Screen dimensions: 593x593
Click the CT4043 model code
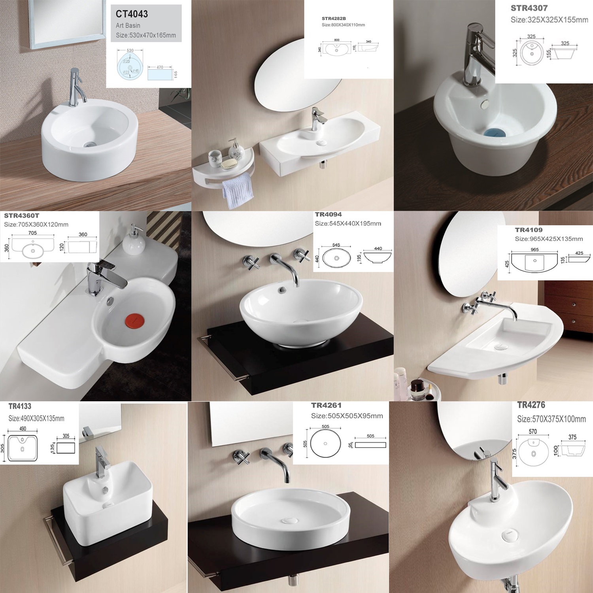pos(132,14)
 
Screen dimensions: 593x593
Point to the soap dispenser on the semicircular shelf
pos(236,149)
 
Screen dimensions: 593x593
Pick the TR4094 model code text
pos(328,215)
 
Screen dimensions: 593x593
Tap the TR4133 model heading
pos(20,406)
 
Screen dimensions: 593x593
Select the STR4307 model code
pos(529,8)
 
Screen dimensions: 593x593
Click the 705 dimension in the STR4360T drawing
pos(32,233)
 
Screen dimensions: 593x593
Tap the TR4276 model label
pos(531,405)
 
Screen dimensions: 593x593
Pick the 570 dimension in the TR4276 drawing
pos(533,432)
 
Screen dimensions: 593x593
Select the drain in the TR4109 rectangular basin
pos(501,347)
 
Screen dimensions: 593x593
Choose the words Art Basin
pos(128,26)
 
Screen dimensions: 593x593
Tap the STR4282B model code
pos(334,19)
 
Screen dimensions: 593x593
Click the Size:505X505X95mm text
pos(347,416)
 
